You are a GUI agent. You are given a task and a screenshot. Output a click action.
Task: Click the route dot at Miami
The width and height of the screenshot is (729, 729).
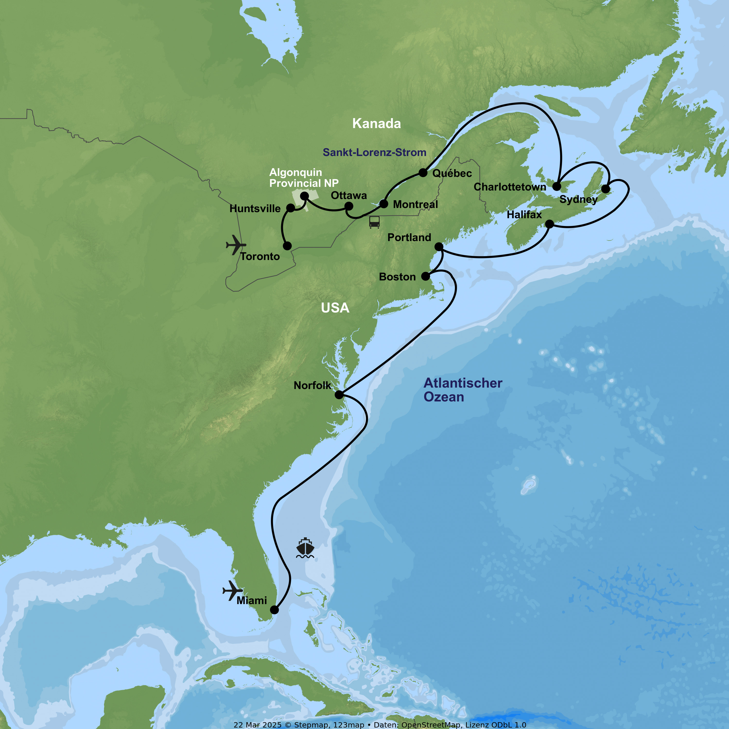pyautogui.click(x=274, y=610)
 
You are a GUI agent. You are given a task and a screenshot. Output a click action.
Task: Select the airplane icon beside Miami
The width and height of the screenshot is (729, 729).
pyautogui.click(x=232, y=590)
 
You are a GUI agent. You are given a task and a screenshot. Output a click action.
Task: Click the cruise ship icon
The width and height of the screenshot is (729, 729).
pyautogui.click(x=305, y=548)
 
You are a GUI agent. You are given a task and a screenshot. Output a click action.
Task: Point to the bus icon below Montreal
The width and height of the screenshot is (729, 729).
pyautogui.click(x=374, y=222)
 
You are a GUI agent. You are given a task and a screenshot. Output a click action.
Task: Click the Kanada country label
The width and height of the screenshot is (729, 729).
pyautogui.click(x=377, y=124)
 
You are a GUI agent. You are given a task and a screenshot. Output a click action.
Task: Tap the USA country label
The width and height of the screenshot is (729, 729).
pyautogui.click(x=335, y=308)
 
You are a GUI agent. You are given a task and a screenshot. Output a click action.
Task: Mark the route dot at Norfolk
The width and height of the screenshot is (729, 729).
pyautogui.click(x=339, y=395)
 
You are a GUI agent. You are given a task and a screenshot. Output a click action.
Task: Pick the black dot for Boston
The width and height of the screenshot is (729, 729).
pyautogui.click(x=425, y=276)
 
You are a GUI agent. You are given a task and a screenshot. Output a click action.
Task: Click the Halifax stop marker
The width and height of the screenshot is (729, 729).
pyautogui.click(x=549, y=224)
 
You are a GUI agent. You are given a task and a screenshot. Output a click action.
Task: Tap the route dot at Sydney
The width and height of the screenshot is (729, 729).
pyautogui.click(x=605, y=189)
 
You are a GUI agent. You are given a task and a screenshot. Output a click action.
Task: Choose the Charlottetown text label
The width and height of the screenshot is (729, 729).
pyautogui.click(x=510, y=187)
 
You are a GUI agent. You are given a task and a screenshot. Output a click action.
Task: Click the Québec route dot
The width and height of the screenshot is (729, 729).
pyautogui.click(x=423, y=173)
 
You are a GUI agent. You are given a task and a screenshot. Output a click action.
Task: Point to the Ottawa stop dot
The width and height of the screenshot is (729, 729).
pyautogui.click(x=349, y=206)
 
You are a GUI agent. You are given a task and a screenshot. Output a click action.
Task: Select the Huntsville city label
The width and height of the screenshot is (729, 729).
pyautogui.click(x=255, y=209)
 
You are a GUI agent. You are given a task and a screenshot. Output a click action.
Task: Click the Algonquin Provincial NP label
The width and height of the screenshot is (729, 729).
pyautogui.click(x=304, y=178)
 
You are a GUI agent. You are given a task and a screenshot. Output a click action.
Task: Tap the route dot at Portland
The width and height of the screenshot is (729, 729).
pyautogui.click(x=439, y=247)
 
